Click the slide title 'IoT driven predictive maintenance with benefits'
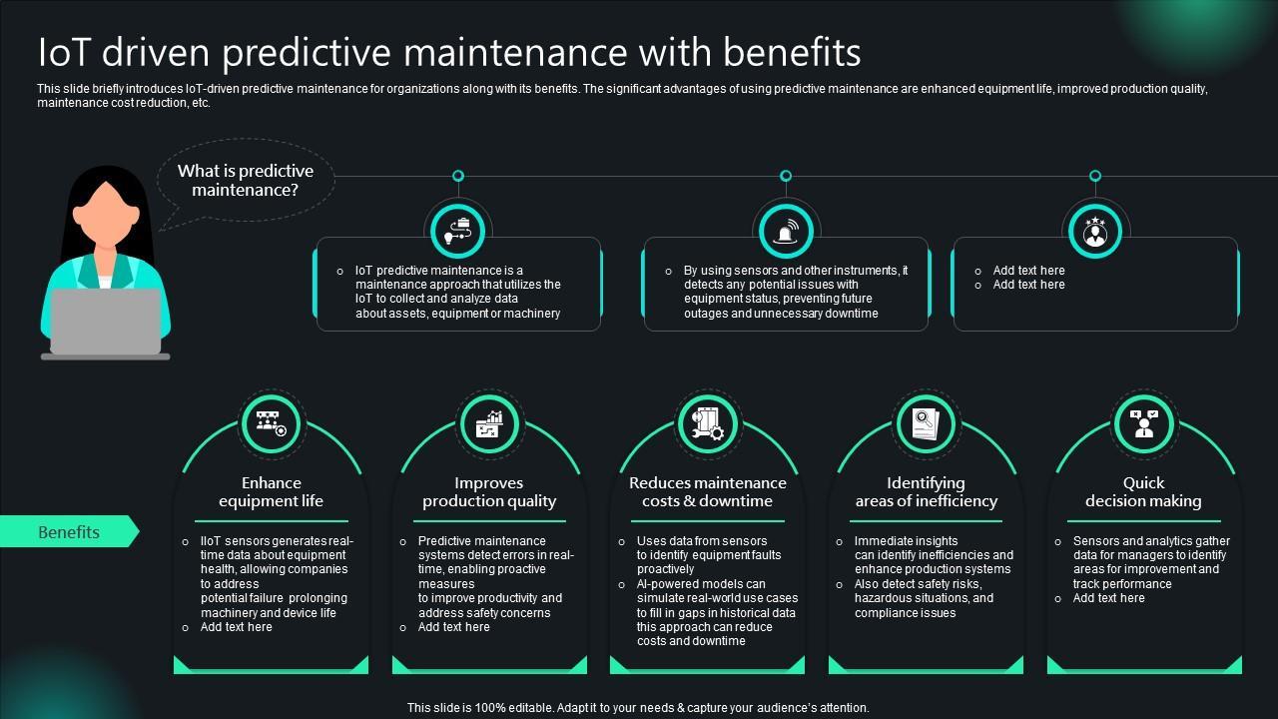click(x=449, y=52)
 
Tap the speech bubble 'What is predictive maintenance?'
click(x=246, y=180)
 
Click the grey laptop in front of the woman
click(x=106, y=322)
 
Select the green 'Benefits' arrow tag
click(x=68, y=532)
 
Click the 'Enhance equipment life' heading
click(x=271, y=492)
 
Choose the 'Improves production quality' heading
click(x=489, y=492)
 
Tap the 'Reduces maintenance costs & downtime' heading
click(x=707, y=492)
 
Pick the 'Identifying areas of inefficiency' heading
click(x=926, y=492)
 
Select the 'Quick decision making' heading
click(x=1143, y=492)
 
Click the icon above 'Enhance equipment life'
click(x=271, y=423)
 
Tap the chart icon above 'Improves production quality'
click(x=489, y=423)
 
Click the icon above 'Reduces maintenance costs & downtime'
click(x=707, y=423)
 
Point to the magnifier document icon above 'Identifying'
click(x=926, y=423)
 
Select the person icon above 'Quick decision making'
click(x=1143, y=423)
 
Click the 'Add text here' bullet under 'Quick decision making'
click(x=1108, y=598)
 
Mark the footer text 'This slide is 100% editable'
click(x=638, y=707)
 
